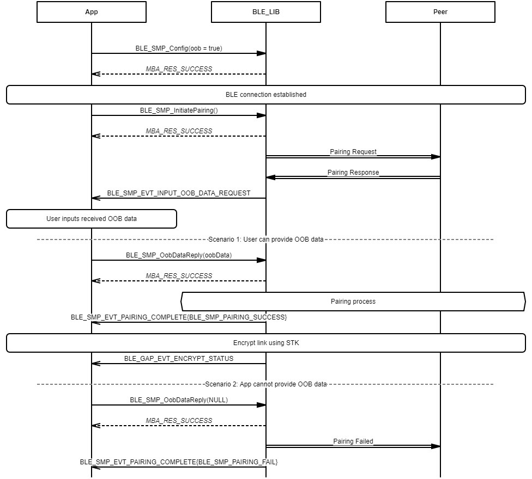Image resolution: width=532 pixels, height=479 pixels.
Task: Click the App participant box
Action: point(92,12)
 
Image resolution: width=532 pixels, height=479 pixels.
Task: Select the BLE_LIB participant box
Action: point(266,12)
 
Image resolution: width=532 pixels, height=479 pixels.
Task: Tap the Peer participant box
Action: point(440,12)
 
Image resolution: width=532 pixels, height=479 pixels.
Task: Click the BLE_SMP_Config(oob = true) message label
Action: point(179,48)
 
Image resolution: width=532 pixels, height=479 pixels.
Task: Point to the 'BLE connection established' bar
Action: point(266,95)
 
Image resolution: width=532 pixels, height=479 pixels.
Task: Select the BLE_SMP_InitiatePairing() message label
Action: point(179,110)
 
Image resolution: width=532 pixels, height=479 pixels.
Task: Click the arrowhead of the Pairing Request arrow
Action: point(436,157)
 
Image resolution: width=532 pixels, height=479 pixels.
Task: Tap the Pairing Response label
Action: point(353,173)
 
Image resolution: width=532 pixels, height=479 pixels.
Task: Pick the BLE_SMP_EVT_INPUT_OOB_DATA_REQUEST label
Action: point(179,193)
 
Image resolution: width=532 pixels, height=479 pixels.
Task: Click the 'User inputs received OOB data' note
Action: point(92,219)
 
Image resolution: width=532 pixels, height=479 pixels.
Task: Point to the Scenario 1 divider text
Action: point(266,239)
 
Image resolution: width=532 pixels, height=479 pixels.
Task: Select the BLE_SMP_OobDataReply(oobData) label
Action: point(179,255)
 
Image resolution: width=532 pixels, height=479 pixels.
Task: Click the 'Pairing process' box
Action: point(353,302)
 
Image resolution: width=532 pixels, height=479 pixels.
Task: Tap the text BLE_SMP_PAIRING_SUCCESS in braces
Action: point(238,317)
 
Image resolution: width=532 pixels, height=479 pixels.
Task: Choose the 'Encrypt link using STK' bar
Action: point(266,343)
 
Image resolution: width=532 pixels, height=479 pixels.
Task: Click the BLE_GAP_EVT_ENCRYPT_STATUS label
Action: point(179,359)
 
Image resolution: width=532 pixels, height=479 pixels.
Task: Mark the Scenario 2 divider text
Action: point(266,384)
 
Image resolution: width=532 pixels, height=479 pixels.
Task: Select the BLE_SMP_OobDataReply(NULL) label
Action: point(179,400)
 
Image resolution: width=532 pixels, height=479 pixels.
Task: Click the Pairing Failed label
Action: point(353,441)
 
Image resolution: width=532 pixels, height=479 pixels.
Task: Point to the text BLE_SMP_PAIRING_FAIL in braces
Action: point(233,462)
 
